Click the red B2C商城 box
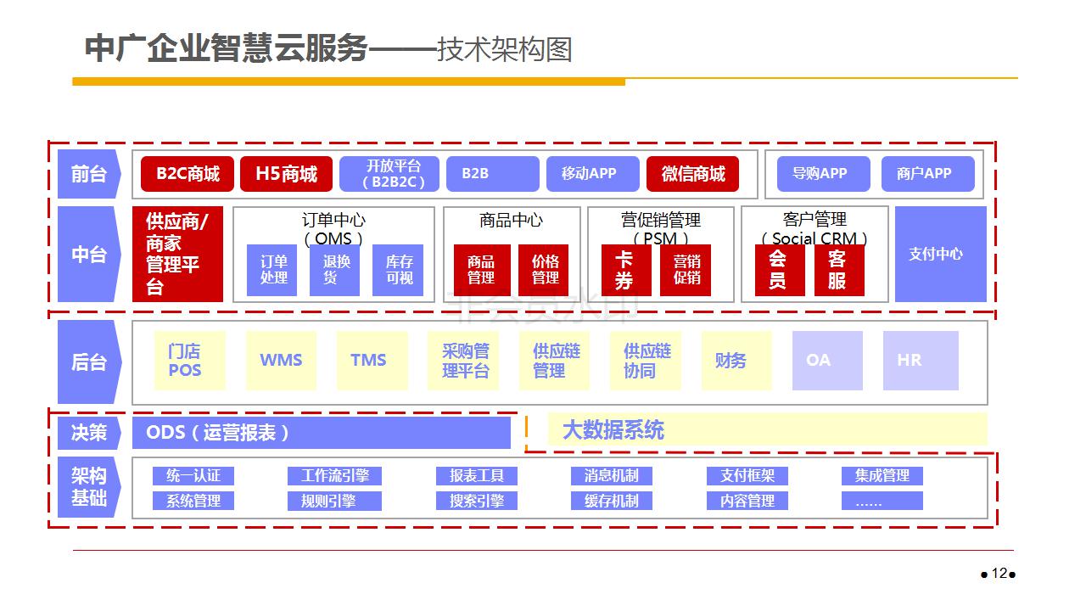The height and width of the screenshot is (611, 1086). (187, 174)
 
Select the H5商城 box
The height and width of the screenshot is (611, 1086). (286, 174)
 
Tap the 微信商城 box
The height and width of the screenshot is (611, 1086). (692, 174)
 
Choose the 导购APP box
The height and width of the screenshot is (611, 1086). (820, 174)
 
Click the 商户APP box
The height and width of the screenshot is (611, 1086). (924, 174)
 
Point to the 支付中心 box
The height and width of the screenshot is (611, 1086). (940, 254)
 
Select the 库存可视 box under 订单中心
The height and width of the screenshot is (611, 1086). (398, 270)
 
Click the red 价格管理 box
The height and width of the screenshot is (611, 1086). (544, 270)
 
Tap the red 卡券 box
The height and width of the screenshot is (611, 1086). (626, 270)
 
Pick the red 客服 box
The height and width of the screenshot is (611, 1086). (838, 270)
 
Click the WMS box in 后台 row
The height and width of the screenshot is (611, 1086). (281, 361)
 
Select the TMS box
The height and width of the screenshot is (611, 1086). (369, 361)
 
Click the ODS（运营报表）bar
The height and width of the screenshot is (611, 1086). (321, 433)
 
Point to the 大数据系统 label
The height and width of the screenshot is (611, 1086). (613, 430)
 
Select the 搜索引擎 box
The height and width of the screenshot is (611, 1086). (477, 501)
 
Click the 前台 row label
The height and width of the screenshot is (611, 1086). (89, 174)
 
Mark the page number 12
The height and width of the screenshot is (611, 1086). (999, 573)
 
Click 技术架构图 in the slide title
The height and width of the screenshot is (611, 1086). (504, 49)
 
